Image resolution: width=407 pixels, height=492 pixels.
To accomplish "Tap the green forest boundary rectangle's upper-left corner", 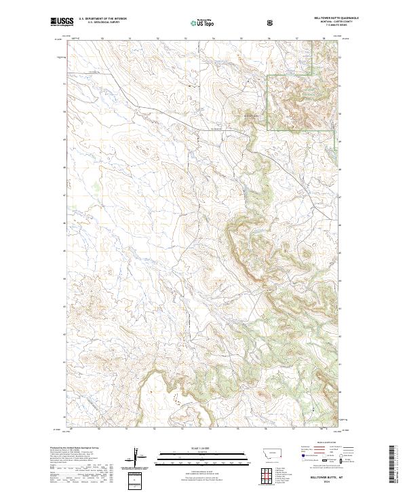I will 267,75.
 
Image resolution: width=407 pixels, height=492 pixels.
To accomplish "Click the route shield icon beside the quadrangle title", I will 271,22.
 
